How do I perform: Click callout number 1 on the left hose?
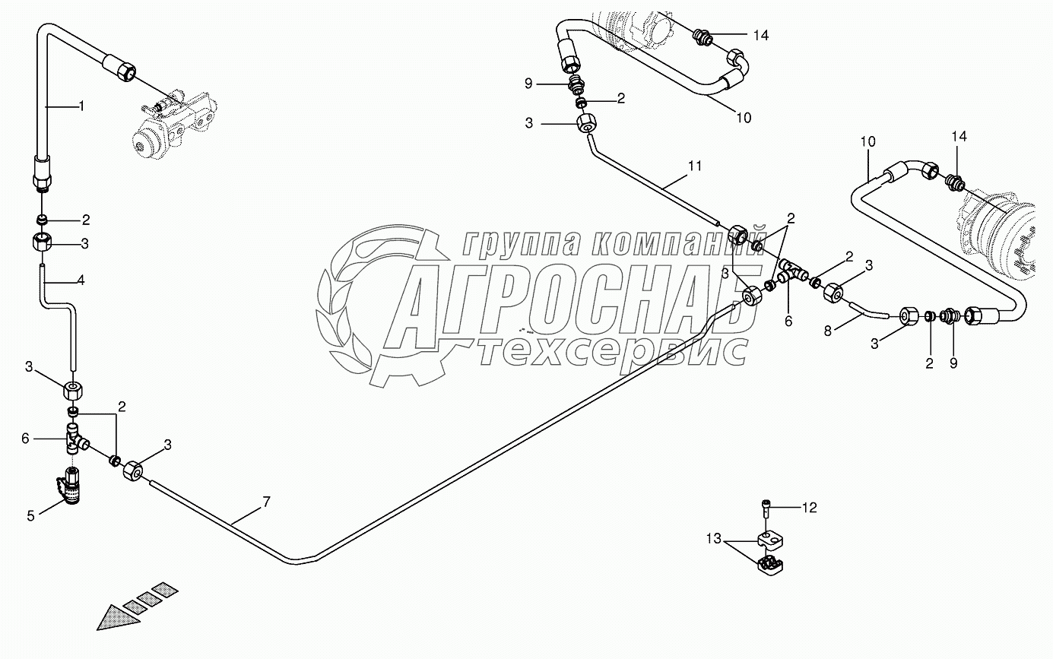81,106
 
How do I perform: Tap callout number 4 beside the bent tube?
81,280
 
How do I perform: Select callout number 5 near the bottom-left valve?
31,515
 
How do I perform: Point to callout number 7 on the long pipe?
265,502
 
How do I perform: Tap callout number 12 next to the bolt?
810,508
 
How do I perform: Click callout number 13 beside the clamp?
713,539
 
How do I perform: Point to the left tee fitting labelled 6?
75,440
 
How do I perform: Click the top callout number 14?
762,35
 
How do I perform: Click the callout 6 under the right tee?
788,322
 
